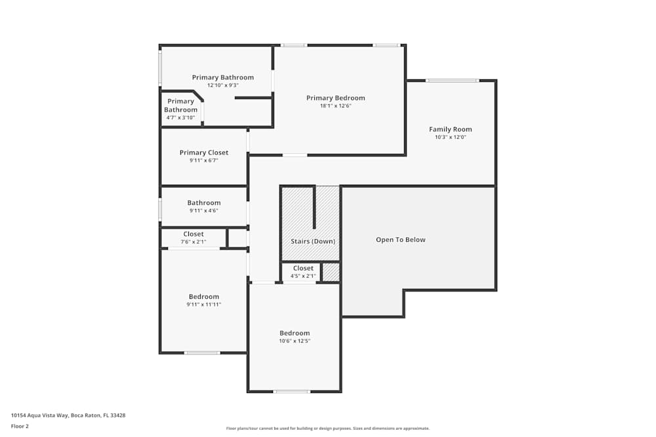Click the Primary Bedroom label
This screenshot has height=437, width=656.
pos(335,98)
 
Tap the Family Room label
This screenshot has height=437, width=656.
pos(450,129)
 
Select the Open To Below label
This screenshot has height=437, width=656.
pos(400,240)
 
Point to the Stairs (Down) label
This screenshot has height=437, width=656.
pos(313,241)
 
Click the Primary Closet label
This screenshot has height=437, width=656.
pos(204,153)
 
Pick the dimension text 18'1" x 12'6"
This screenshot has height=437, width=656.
pos(335,106)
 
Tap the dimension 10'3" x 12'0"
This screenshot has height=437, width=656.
pos(450,137)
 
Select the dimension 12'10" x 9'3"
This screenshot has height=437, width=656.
pos(222,85)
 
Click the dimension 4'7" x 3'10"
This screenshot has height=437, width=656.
pos(180,118)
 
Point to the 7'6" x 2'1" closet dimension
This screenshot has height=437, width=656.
pos(194,242)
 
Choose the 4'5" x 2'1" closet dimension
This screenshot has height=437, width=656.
pos(303,276)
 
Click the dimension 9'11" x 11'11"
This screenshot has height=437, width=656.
pos(204,305)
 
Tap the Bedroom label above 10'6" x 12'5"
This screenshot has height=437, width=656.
pos(295,333)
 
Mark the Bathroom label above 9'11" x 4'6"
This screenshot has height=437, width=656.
pos(204,203)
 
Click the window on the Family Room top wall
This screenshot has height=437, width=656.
pos(452,81)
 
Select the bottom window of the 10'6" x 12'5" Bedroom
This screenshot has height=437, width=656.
pos(292,392)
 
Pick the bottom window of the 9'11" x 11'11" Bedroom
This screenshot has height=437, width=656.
pos(202,353)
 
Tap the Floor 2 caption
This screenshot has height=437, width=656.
pos(20,426)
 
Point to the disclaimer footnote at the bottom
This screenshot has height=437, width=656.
pos(328,428)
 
